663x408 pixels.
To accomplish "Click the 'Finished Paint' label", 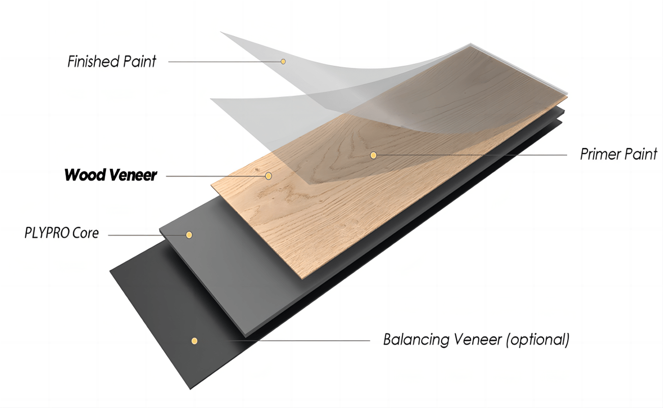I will point(112,62).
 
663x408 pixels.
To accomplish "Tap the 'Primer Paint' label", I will point(619,155).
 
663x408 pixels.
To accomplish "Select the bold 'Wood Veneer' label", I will point(111,175).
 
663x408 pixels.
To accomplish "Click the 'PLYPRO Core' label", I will point(62,234).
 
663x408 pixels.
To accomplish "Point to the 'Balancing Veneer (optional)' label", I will point(476,340).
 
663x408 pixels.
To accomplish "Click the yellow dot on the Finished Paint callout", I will point(283,62).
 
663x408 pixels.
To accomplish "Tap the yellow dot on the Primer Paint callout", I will point(374,155).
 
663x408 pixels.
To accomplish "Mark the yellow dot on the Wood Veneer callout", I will point(268,176).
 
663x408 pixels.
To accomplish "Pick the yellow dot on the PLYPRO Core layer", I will point(189,235).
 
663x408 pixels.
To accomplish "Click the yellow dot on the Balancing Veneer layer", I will point(194,341).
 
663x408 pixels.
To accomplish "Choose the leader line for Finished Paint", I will point(224,62).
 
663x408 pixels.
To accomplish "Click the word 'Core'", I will point(85,234).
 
